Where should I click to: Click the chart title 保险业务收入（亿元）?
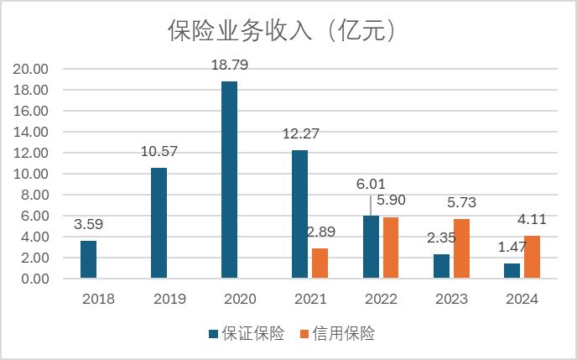(x=282, y=30)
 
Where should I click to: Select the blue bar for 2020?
(x=229, y=180)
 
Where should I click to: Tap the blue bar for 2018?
(x=89, y=259)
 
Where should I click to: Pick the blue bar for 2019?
(x=159, y=223)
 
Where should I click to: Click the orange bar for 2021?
(x=320, y=263)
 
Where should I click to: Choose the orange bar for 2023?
(x=460, y=248)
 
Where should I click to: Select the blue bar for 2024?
(x=512, y=270)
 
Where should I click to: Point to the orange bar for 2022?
(x=390, y=248)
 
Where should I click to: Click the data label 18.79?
(x=229, y=65)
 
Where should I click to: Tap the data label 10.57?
(x=159, y=151)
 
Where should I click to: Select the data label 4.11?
(x=532, y=218)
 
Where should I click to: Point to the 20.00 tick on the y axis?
(x=34, y=69)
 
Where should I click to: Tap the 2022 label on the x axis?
(x=380, y=299)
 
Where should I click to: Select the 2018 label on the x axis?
(x=99, y=299)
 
